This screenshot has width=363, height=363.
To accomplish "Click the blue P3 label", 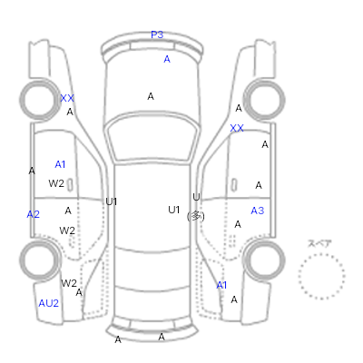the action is point(157,34).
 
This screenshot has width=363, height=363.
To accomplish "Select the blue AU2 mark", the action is point(48,303).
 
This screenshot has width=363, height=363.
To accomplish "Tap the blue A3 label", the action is point(258,211).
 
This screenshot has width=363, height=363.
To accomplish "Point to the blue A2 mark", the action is point(33,214).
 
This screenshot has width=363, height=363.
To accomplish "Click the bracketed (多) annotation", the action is point(196,216).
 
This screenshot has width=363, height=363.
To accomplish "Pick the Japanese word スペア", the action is point(319,243).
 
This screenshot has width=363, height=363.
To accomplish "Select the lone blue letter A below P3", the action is point(167,59).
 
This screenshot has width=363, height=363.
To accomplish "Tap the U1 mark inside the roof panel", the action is point(174,210).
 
